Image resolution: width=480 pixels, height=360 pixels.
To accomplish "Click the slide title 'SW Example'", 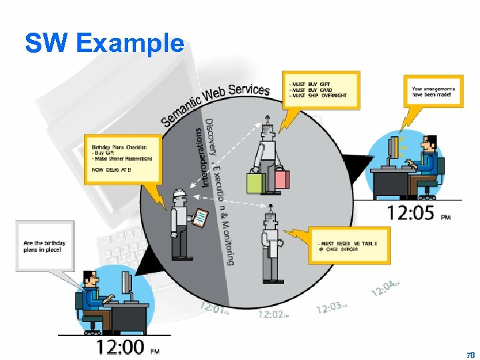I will click(104, 43).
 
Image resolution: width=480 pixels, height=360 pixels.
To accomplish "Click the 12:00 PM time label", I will click(121, 346).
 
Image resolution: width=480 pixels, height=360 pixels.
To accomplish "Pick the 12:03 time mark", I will click(330, 307).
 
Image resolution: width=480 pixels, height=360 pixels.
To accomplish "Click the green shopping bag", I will click(256, 182).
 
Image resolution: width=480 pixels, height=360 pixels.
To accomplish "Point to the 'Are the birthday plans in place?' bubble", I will click(45, 246).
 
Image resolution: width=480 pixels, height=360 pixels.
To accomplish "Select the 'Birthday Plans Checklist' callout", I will click(122, 158).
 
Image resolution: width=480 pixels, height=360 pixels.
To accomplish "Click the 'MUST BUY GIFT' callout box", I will click(320, 90).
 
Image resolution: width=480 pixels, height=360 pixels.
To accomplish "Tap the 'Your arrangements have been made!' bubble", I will click(435, 93).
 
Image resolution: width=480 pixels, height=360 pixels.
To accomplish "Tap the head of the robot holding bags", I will click(267, 125).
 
